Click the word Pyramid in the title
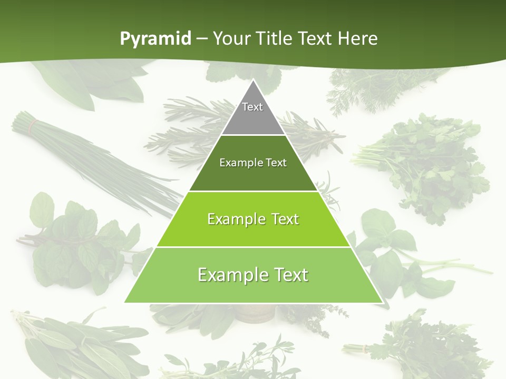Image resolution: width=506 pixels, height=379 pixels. point(155,38)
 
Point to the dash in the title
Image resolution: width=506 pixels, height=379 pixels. point(201,39)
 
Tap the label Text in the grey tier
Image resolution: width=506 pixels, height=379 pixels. point(252,107)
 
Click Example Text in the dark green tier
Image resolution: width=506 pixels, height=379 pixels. point(253,163)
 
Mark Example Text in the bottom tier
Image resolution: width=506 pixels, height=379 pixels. point(253,275)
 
